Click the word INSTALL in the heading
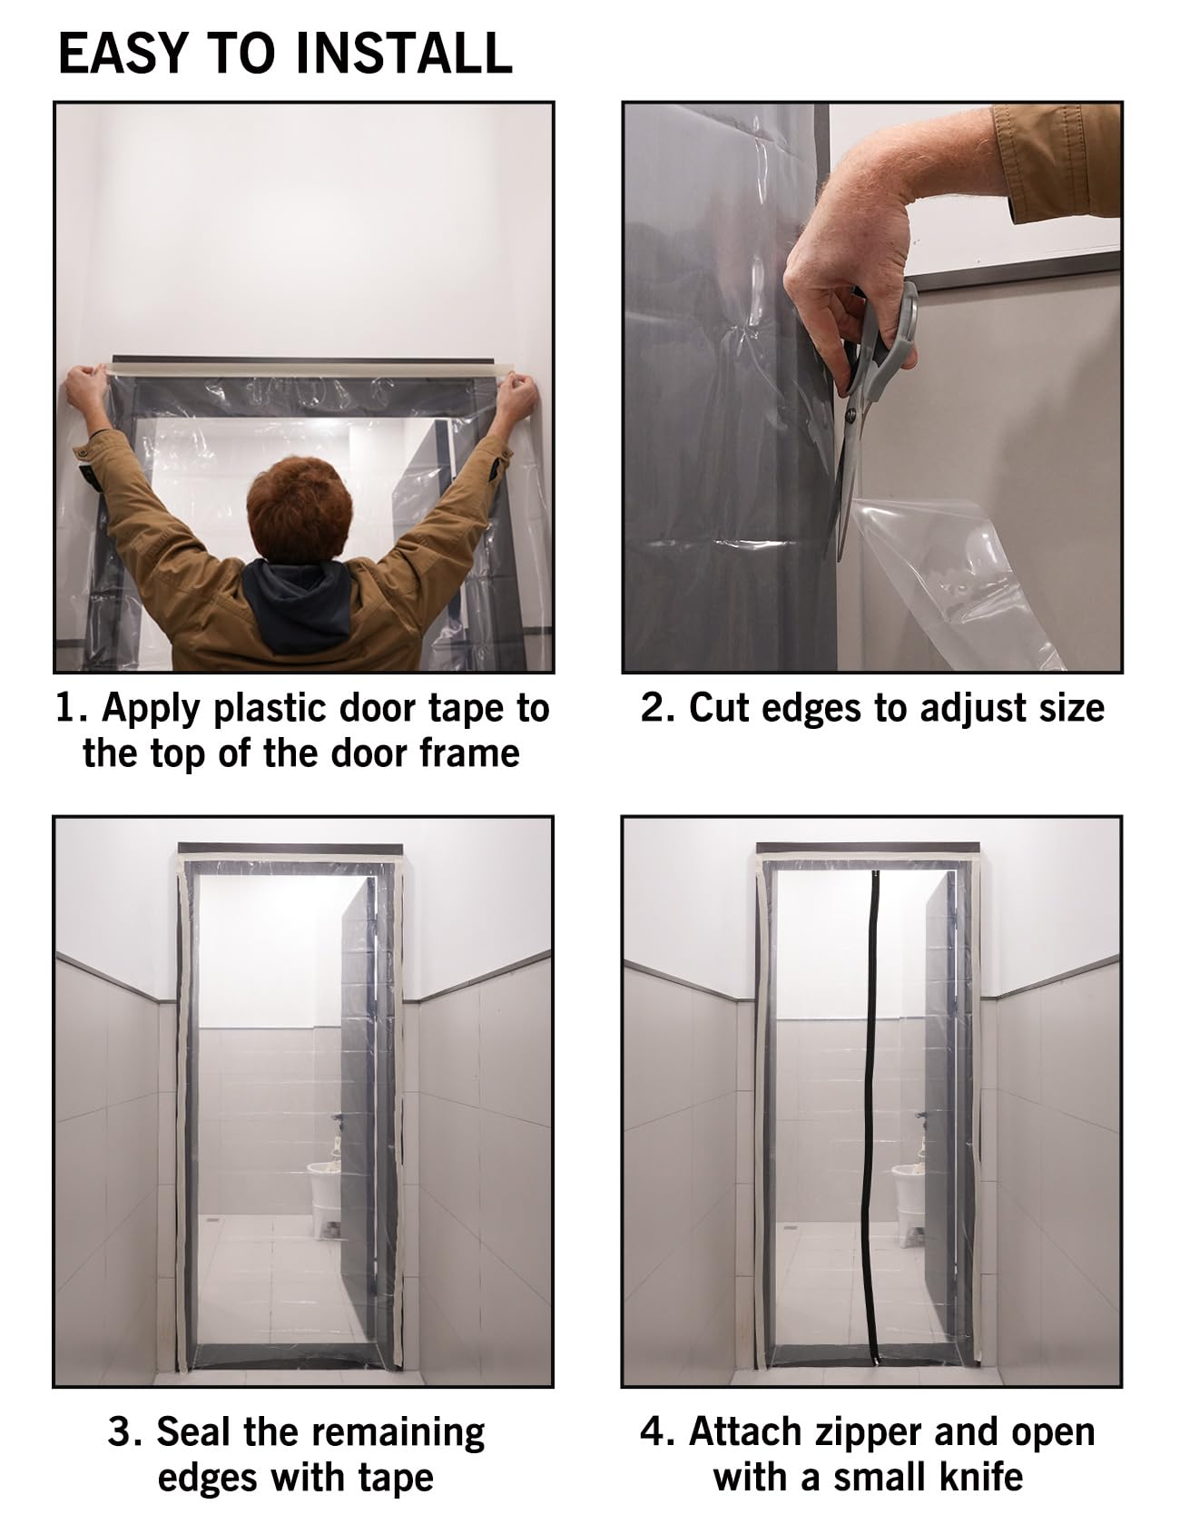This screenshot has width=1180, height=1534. point(405,53)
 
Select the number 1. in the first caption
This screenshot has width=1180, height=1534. point(72,708)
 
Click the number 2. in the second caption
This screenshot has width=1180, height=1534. point(657,708)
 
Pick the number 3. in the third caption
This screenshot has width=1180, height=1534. point(125,1431)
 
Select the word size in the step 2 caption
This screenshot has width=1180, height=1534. point(1071,708)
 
